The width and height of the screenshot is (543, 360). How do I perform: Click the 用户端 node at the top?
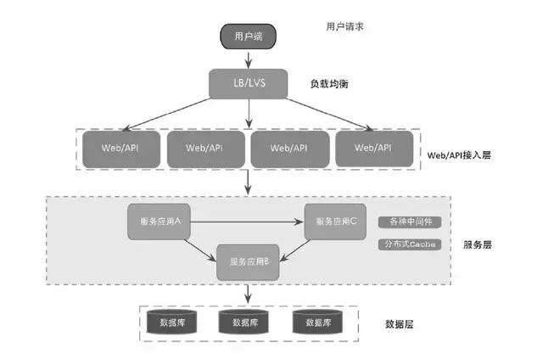pyautogui.click(x=248, y=37)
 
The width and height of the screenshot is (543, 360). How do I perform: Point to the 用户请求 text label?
pyautogui.click(x=345, y=27)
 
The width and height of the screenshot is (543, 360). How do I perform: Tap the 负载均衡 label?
pyautogui.click(x=331, y=85)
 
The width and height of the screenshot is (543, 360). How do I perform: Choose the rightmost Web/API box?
pyautogui.click(x=373, y=148)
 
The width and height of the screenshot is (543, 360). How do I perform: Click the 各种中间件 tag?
pyautogui.click(x=411, y=222)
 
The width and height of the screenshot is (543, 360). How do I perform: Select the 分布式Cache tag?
pyautogui.click(x=411, y=244)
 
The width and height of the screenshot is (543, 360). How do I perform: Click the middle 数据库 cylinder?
pyautogui.click(x=248, y=321)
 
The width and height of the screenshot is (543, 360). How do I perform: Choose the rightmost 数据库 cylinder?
pyautogui.click(x=321, y=321)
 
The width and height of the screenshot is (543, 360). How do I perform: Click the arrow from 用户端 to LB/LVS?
pyautogui.click(x=248, y=59)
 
